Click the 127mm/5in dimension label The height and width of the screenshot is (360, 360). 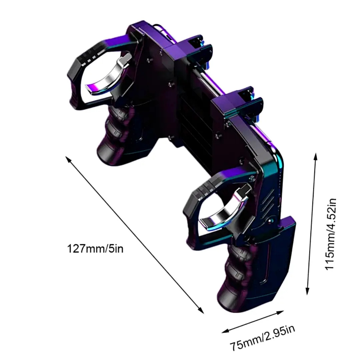[95, 249]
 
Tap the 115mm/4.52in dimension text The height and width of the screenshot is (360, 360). [331, 234]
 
